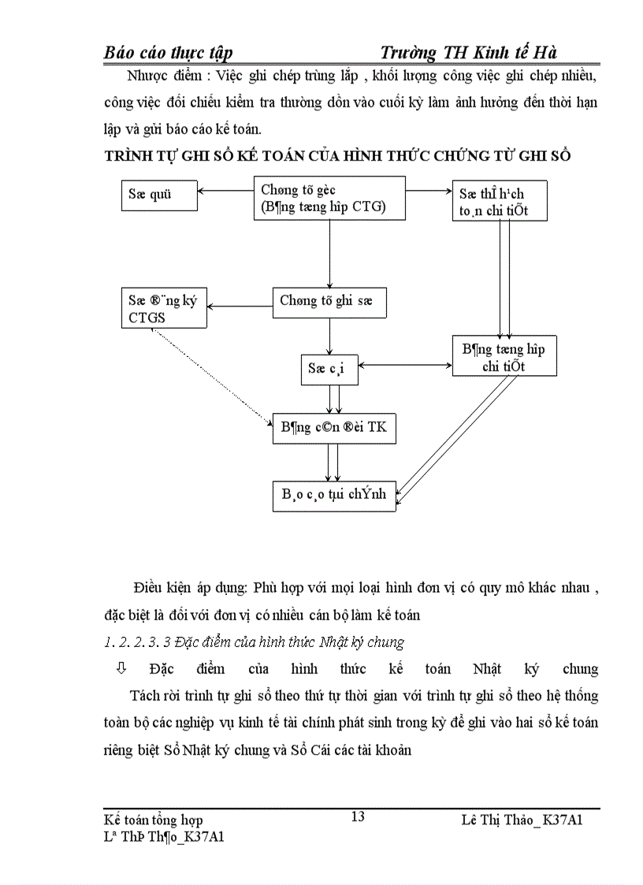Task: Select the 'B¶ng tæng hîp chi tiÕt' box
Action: [504, 357]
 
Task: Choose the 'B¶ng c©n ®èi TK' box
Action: [334, 429]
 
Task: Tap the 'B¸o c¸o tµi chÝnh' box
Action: [334, 494]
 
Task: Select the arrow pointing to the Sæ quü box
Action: [224, 191]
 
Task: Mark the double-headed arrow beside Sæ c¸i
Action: [405, 365]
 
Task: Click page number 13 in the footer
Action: [357, 816]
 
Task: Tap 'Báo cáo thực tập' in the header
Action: [168, 53]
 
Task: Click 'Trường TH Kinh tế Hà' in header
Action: [468, 53]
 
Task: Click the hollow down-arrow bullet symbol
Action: [121, 668]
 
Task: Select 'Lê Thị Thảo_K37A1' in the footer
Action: [522, 820]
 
